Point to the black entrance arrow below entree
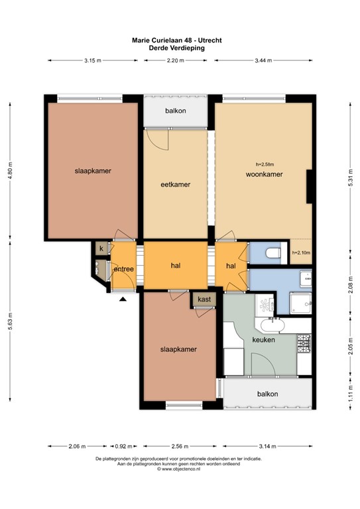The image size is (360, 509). (123, 300)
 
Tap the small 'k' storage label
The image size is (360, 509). (101, 249)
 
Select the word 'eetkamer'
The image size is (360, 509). (176, 185)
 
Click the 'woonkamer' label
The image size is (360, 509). (265, 175)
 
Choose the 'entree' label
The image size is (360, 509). (124, 268)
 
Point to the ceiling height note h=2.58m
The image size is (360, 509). (265, 164)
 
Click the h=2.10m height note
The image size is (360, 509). (301, 253)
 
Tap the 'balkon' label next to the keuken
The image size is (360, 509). (268, 394)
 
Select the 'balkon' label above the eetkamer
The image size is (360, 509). (176, 111)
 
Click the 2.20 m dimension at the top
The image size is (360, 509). (176, 60)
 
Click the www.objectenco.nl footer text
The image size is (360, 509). (179, 469)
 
